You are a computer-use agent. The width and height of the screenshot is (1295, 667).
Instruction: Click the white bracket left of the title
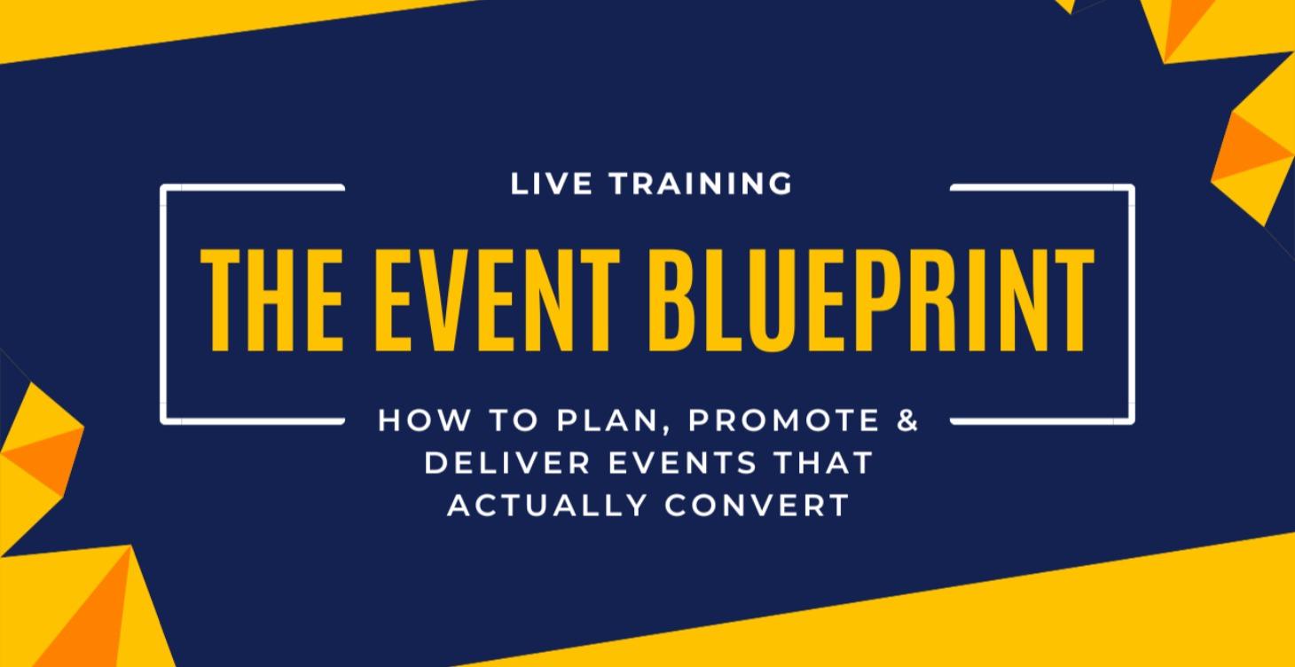[163, 302]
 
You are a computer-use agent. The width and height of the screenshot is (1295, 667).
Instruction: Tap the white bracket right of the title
[1132, 302]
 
